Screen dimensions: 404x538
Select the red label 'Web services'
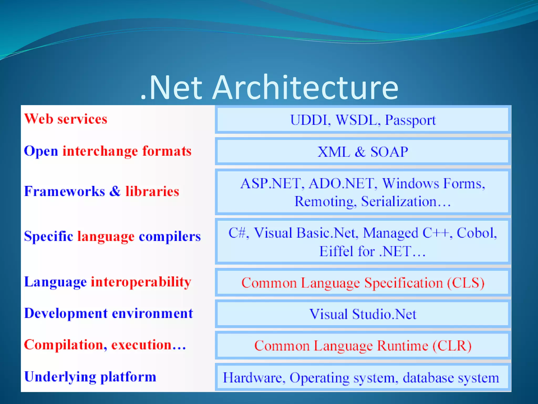66,119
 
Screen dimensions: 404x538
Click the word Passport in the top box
410,120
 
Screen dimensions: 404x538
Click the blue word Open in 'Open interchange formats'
41,151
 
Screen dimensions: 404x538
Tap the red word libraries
152,191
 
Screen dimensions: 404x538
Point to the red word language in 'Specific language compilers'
106,236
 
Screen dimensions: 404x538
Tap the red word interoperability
141,282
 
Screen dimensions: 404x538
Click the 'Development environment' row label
108,314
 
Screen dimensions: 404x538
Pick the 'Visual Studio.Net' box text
363,314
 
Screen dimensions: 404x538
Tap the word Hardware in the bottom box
254,378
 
